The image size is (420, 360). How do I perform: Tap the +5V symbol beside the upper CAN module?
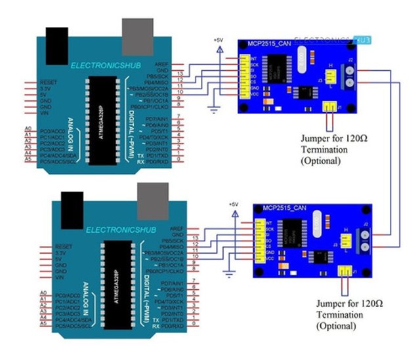point(218,41)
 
